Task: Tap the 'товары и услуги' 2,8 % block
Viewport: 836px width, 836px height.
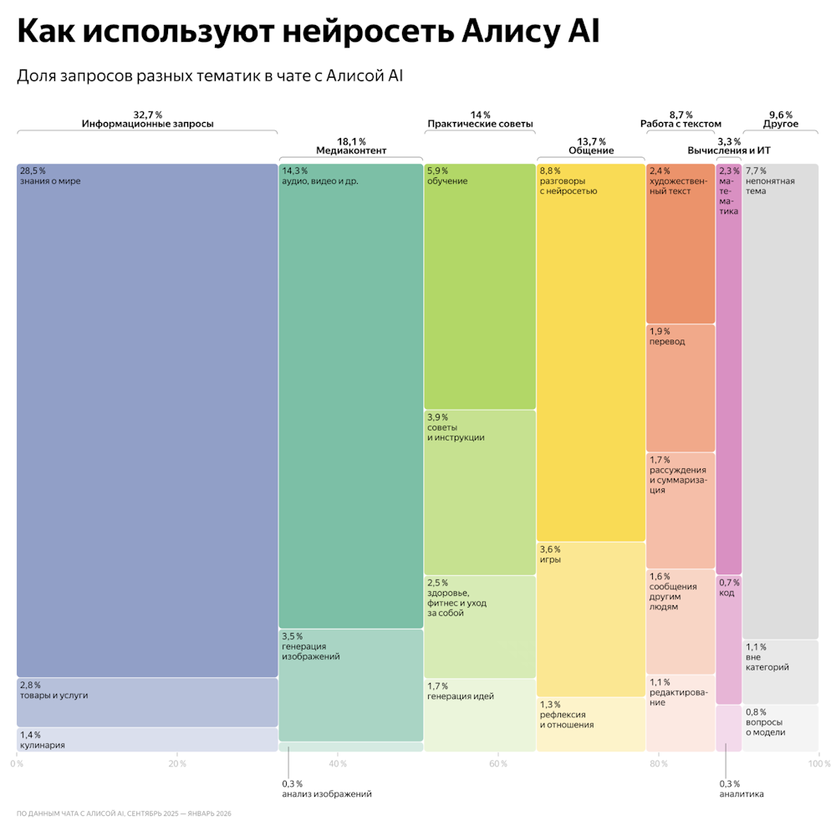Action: [147, 701]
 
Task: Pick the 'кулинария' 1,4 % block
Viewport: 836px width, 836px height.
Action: [147, 739]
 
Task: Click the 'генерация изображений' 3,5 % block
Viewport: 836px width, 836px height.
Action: [351, 684]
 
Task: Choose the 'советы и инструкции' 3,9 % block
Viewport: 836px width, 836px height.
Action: [480, 491]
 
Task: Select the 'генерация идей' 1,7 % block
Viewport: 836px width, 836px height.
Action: [480, 714]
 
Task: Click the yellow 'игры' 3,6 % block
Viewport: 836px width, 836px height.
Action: [591, 619]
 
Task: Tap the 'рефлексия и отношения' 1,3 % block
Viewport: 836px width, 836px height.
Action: [591, 724]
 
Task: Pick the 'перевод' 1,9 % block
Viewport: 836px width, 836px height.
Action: [681, 387]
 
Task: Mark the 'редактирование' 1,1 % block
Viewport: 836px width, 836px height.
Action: [681, 713]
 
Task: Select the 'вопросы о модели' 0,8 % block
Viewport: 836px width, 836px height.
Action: [780, 727]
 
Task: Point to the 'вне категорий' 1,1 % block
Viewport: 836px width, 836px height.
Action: [780, 671]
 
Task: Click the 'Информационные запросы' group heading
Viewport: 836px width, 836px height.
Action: [147, 124]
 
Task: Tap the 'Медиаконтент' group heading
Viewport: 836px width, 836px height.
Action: [351, 150]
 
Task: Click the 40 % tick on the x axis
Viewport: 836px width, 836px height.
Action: [338, 764]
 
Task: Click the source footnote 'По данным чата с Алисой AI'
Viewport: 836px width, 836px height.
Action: [124, 813]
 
